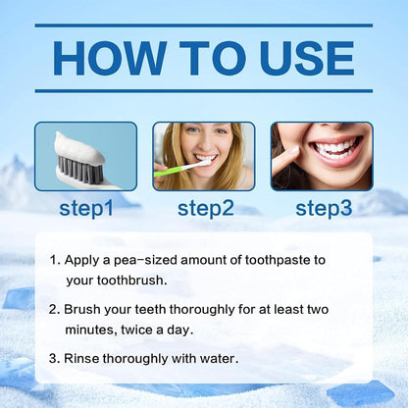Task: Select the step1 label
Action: [86, 208]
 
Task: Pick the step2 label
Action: [205, 208]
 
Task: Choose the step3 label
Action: [324, 208]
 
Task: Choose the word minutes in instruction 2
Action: [91, 328]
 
